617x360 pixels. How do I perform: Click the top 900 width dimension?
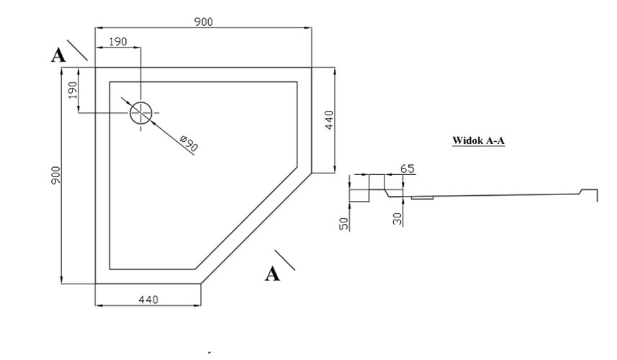(x=204, y=22)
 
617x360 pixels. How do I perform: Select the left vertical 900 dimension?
(x=55, y=175)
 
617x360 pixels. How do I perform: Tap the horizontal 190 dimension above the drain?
(x=118, y=41)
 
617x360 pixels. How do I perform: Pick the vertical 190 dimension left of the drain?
(x=73, y=90)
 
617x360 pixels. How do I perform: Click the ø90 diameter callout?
(x=189, y=143)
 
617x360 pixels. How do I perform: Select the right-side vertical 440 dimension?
(x=329, y=120)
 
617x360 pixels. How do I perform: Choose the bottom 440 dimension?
(x=148, y=300)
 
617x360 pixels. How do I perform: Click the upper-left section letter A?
(x=58, y=55)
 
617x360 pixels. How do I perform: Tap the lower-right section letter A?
(x=272, y=274)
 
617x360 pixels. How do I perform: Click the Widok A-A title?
(x=478, y=140)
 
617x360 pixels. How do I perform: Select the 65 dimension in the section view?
(x=407, y=168)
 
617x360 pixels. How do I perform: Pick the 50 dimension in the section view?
(x=344, y=224)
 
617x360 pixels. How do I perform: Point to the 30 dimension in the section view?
(x=397, y=219)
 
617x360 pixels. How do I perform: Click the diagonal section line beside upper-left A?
(x=77, y=50)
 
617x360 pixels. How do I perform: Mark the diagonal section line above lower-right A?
(x=285, y=260)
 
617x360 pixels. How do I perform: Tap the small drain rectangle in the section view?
(x=422, y=198)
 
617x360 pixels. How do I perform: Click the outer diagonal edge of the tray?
(x=256, y=228)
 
